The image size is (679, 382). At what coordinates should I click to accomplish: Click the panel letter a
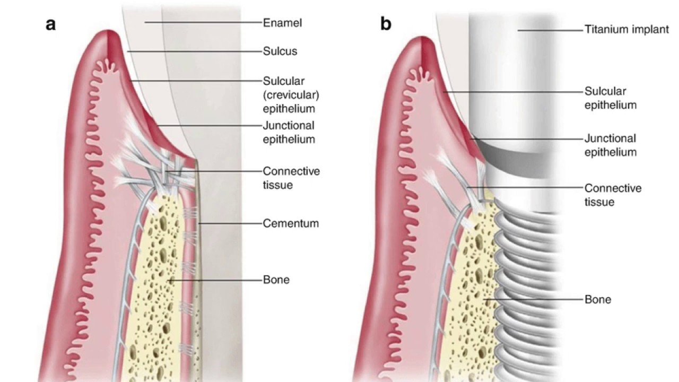51,24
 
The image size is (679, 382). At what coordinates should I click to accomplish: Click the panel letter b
386,24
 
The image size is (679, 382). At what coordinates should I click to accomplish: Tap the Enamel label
283,23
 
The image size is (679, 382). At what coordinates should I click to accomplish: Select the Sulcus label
280,51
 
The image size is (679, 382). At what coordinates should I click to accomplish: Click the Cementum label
291,223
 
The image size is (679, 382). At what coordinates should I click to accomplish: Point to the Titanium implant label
626,30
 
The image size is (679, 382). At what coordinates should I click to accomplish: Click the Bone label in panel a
276,279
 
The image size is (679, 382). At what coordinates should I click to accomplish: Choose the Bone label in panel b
598,299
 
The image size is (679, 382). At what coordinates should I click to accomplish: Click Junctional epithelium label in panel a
289,133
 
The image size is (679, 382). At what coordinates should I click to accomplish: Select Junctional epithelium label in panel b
611,145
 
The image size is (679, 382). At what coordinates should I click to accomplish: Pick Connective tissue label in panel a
291,178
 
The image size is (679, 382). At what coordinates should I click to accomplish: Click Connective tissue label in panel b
613,195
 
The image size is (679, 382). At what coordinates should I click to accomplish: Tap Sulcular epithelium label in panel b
611,98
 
